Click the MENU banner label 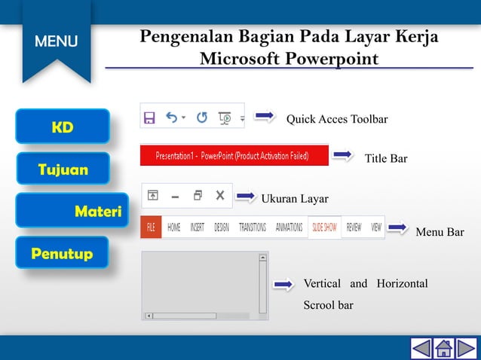pyautogui.click(x=56, y=41)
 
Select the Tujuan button pyautogui.click(x=63, y=169)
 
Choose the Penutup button pyautogui.click(x=62, y=254)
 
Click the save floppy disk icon pyautogui.click(x=149, y=117)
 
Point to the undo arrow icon pyautogui.click(x=172, y=117)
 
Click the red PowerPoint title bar pyautogui.click(x=235, y=156)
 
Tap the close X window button pyautogui.click(x=220, y=195)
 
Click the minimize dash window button pyautogui.click(x=175, y=196)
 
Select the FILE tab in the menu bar pyautogui.click(x=151, y=227)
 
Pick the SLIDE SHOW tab pyautogui.click(x=325, y=227)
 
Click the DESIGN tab pyautogui.click(x=222, y=227)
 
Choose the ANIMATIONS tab pyautogui.click(x=289, y=227)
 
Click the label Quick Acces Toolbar pyautogui.click(x=337, y=119)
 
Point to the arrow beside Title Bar pyautogui.click(x=343, y=155)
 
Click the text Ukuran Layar pyautogui.click(x=295, y=199)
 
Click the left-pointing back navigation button pyautogui.click(x=421, y=349)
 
